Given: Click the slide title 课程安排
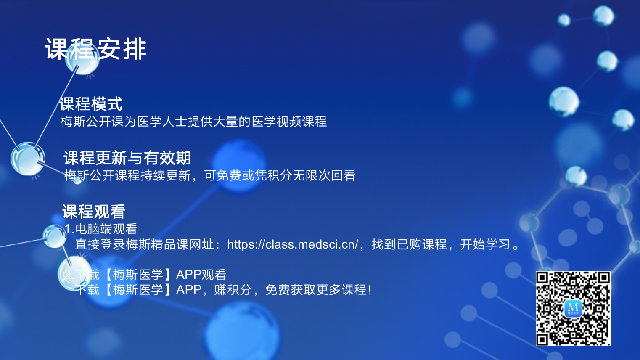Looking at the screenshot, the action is tap(96, 49).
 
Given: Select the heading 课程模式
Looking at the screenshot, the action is tap(91, 104).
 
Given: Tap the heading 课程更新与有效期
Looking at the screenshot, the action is tap(127, 158).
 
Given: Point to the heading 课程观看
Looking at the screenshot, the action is tap(94, 212).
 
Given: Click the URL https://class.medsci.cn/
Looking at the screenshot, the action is tap(293, 244).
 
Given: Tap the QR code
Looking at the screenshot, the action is tap(573, 308).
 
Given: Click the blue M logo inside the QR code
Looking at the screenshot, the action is tap(573, 308).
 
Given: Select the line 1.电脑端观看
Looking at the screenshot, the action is tap(101, 228).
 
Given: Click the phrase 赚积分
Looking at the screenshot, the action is tap(233, 290).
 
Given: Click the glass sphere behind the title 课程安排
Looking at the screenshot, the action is tap(82, 58).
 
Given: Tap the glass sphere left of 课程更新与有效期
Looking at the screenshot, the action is tap(28, 159).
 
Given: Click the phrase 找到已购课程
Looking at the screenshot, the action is tap(409, 244).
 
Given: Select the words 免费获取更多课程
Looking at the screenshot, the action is tap(316, 290).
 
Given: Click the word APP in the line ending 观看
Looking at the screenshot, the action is tap(189, 275).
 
